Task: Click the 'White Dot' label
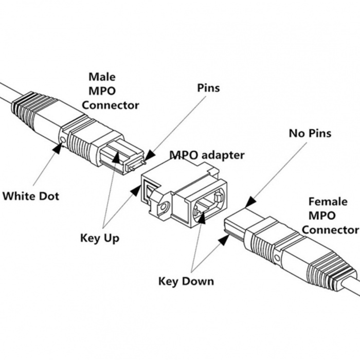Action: click(31, 196)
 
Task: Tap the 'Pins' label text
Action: click(208, 88)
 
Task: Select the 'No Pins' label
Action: click(310, 134)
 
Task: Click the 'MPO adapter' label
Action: click(207, 154)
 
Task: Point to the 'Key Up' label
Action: click(100, 238)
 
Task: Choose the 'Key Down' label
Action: click(186, 281)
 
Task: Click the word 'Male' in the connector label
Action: click(102, 77)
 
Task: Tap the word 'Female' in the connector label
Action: click(328, 202)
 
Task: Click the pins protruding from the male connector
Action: click(135, 166)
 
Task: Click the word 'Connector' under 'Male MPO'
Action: click(111, 105)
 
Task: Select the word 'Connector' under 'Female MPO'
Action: click(330, 229)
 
